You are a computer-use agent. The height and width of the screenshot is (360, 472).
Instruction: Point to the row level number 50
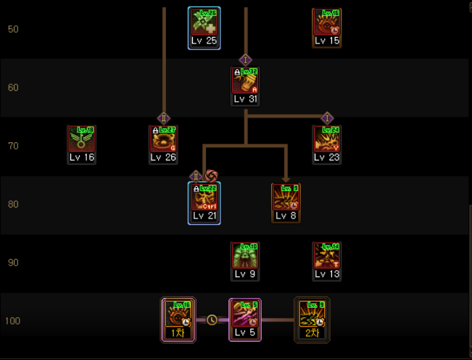tap(13, 30)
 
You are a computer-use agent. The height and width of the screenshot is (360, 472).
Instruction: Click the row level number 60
tap(13, 88)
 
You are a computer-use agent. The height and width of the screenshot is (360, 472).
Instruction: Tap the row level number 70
tap(13, 146)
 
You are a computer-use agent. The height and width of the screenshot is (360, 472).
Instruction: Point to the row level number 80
tap(13, 204)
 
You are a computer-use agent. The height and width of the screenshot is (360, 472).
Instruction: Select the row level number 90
tap(13, 262)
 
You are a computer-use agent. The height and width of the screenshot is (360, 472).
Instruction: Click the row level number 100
tap(13, 321)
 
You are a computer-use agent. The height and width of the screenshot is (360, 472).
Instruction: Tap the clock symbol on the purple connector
tap(212, 319)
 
